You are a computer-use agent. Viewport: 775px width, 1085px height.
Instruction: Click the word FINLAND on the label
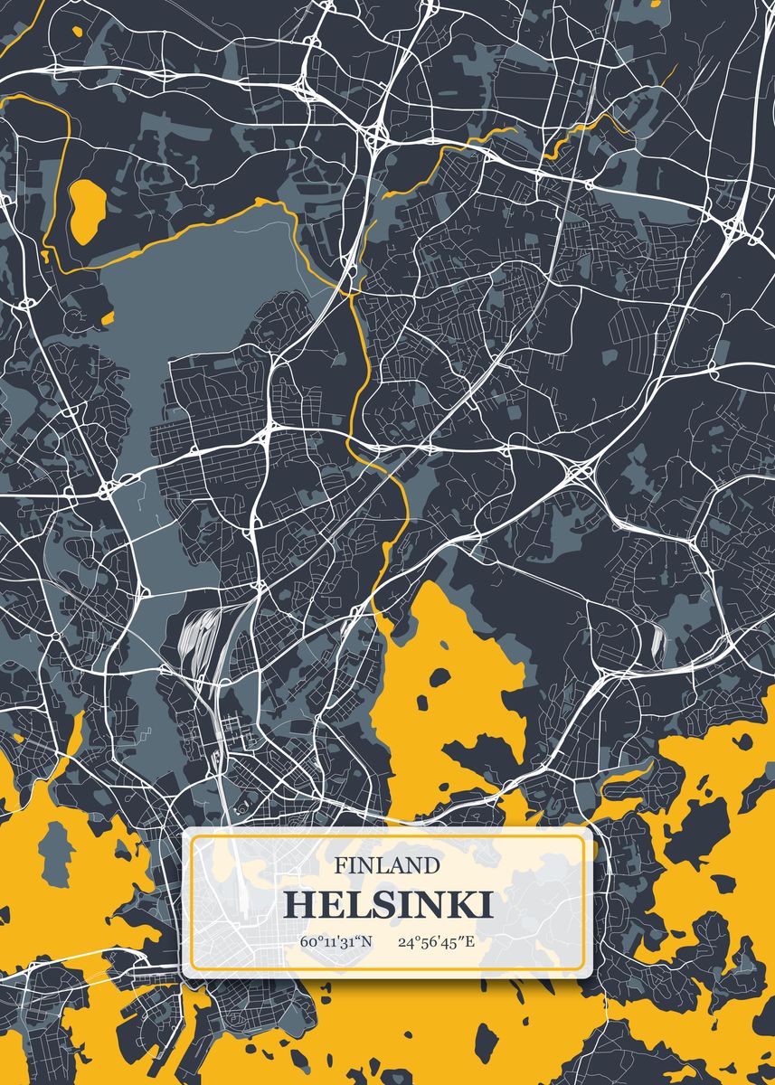pos(387,866)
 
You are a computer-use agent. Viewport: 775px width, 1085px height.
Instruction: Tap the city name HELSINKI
pos(388,905)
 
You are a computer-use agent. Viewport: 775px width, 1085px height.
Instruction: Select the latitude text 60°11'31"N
pos(336,941)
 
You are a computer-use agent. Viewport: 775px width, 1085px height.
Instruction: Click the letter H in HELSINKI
pos(298,905)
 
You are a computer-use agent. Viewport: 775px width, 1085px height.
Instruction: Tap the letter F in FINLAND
pos(340,866)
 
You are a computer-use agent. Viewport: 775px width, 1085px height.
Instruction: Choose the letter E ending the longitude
pos(470,941)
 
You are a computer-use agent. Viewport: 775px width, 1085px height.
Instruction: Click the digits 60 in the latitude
pos(307,941)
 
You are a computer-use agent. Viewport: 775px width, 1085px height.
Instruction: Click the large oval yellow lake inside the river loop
pos(87,212)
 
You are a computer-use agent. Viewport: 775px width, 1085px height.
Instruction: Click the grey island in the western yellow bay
pos(56,851)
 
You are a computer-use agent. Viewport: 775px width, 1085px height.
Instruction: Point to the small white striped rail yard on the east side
pos(657,641)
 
